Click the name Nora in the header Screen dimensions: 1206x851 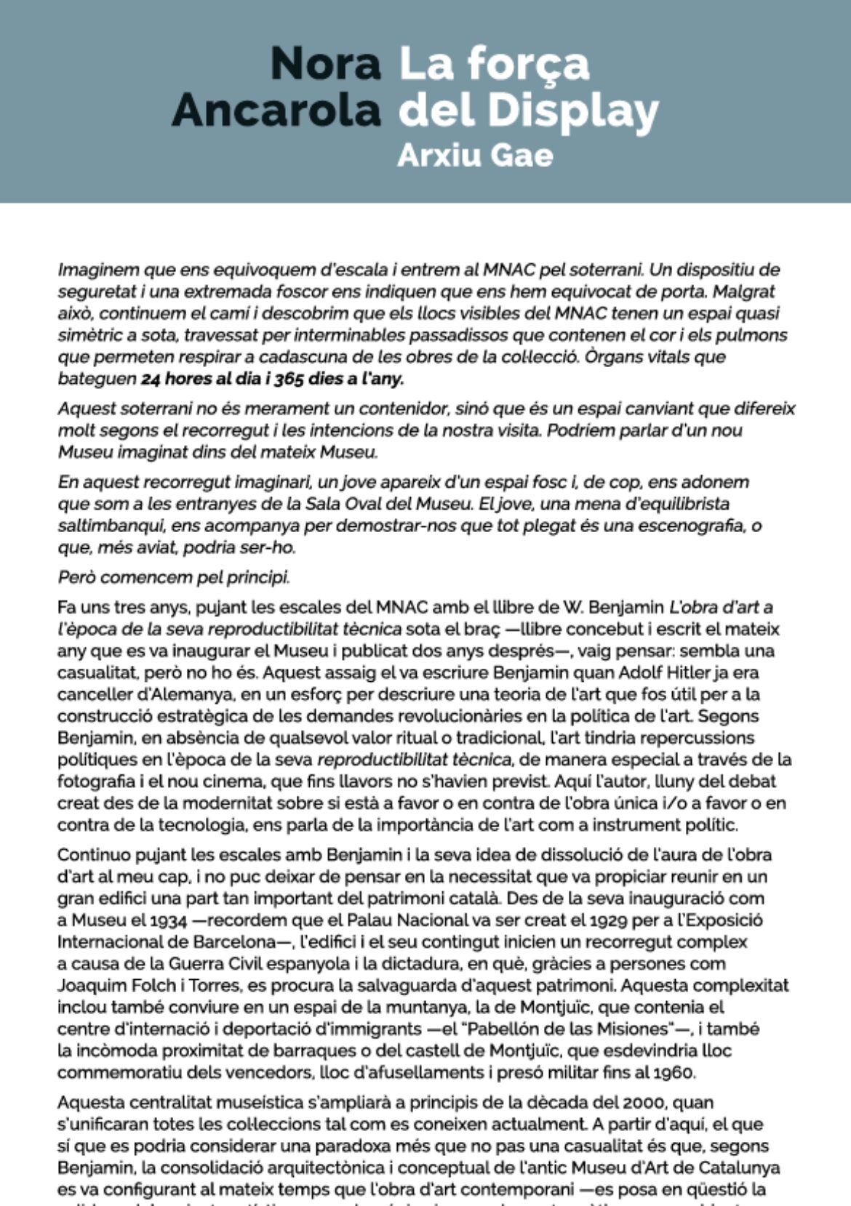point(325,64)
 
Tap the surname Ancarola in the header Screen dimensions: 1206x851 point(276,110)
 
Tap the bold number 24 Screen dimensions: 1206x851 point(151,379)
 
